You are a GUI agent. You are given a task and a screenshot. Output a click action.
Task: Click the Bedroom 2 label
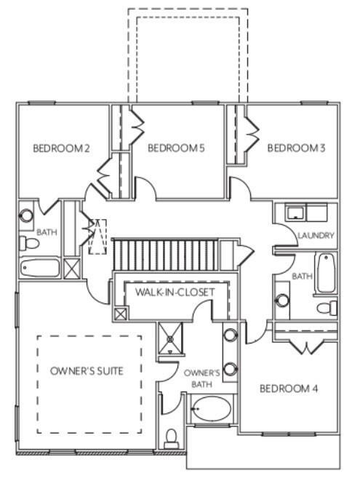click(61, 148)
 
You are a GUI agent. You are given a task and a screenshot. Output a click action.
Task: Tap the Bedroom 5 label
click(175, 148)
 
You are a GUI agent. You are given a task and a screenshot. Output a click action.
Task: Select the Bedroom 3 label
click(296, 148)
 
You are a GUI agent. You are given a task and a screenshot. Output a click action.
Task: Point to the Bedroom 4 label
click(289, 389)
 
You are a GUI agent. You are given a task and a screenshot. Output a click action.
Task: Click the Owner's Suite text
click(87, 371)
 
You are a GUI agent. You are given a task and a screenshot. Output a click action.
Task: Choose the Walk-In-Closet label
click(175, 293)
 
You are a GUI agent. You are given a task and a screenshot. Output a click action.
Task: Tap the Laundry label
click(316, 236)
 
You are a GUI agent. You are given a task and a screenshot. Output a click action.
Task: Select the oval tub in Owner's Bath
click(211, 411)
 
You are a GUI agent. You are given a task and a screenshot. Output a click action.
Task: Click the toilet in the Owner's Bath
click(172, 437)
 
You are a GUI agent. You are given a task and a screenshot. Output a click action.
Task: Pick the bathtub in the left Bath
click(41, 267)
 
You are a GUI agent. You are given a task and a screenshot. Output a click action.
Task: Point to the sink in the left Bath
click(27, 215)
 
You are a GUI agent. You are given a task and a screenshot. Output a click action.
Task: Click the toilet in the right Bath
click(328, 306)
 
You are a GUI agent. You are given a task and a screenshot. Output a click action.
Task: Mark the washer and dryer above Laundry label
click(305, 213)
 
